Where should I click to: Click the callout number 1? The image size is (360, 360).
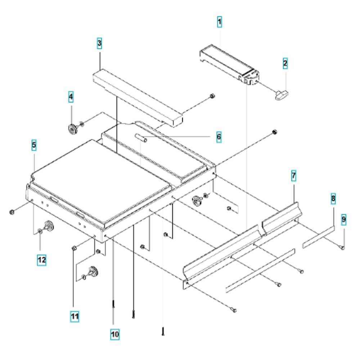(x=220, y=22)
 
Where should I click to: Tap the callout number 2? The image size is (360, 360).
(x=285, y=63)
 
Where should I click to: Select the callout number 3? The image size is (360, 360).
(x=99, y=43)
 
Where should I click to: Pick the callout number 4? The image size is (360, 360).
(x=71, y=96)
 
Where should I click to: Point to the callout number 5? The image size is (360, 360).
(x=34, y=145)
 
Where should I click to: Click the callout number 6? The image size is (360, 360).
(x=219, y=137)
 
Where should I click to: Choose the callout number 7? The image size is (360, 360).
(x=294, y=176)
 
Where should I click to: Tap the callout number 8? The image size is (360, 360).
(x=333, y=199)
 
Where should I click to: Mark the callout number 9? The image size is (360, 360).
(x=343, y=220)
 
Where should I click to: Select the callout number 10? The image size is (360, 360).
(x=115, y=334)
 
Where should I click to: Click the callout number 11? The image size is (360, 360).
(x=75, y=316)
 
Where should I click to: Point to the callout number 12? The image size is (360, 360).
(x=41, y=260)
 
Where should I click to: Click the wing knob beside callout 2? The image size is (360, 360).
(x=282, y=95)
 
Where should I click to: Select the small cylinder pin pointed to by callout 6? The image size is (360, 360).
(x=141, y=138)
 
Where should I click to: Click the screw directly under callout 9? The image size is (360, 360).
(x=342, y=247)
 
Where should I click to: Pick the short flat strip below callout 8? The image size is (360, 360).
(x=319, y=237)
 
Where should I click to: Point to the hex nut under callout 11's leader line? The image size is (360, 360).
(x=74, y=248)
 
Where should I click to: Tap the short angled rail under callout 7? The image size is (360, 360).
(x=282, y=218)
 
